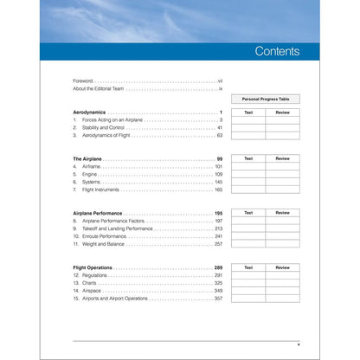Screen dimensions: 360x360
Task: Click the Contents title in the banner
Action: [x=276, y=51]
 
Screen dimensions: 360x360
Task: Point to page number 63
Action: [x=220, y=136]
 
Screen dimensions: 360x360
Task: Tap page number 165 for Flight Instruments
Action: [x=219, y=190]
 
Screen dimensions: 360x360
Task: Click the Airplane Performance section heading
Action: [x=98, y=213]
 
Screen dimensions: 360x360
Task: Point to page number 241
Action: [x=219, y=235]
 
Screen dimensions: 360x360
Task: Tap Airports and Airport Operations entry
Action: [x=116, y=299]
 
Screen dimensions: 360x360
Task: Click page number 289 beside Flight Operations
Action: [x=219, y=267]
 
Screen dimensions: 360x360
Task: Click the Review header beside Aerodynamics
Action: [x=282, y=112]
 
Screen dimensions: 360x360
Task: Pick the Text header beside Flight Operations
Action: [x=248, y=267]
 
